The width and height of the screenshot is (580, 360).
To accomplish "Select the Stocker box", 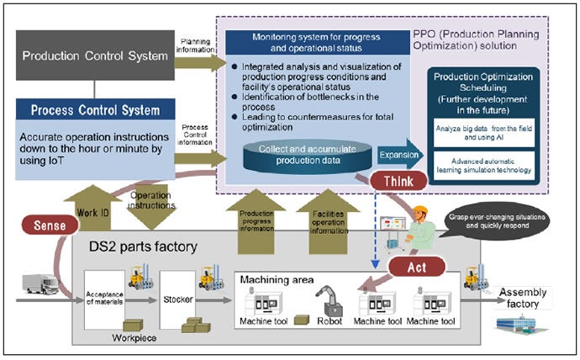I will point(177,296).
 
